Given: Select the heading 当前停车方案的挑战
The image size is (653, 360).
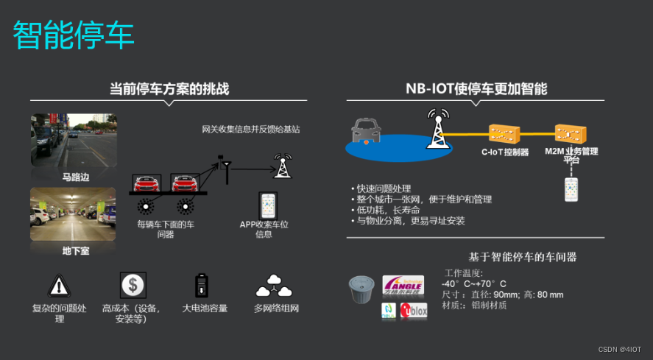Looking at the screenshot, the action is (169, 89).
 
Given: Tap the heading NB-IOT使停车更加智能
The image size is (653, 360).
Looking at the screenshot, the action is (476, 88).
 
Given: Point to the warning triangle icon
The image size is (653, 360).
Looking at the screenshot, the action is (58, 285).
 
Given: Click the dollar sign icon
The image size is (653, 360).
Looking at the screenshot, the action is (133, 284).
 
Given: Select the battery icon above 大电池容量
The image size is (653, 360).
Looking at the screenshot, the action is (200, 285).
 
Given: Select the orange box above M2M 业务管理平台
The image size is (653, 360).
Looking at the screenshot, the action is (571, 133).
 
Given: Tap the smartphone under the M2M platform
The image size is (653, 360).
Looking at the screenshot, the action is (572, 189).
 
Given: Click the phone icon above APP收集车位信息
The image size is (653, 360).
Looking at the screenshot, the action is (267, 205).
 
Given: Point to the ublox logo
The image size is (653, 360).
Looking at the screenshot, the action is (414, 311).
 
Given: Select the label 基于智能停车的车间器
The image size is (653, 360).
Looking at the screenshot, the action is (522, 257).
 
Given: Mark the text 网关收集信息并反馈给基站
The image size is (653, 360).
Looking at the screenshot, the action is (251, 129).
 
